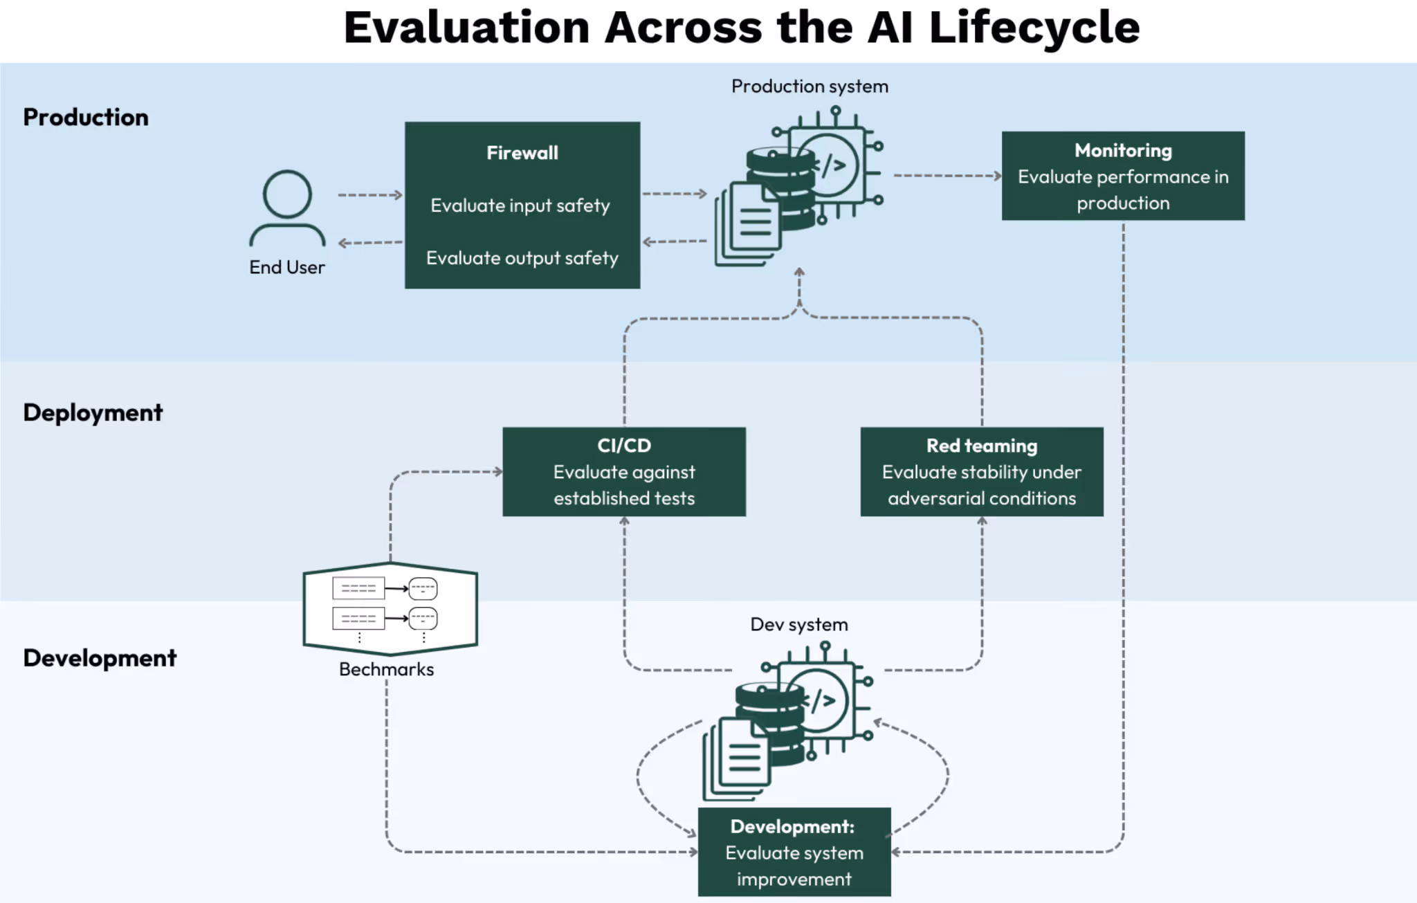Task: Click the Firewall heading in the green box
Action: (522, 153)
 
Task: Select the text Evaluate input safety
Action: (520, 206)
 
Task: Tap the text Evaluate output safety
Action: (522, 258)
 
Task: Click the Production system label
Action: (810, 86)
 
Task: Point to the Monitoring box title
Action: (1122, 150)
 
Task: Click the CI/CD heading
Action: (624, 446)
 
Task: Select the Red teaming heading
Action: (981, 446)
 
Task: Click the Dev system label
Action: (798, 624)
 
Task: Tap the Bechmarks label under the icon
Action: (386, 669)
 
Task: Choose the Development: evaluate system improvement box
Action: (794, 852)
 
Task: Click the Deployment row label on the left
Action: (93, 412)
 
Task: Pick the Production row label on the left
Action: (86, 117)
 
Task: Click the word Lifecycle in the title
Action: (1034, 28)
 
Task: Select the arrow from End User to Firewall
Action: (370, 195)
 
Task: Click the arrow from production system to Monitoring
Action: (947, 176)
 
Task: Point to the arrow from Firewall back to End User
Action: (370, 243)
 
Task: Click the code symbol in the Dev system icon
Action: (821, 701)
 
